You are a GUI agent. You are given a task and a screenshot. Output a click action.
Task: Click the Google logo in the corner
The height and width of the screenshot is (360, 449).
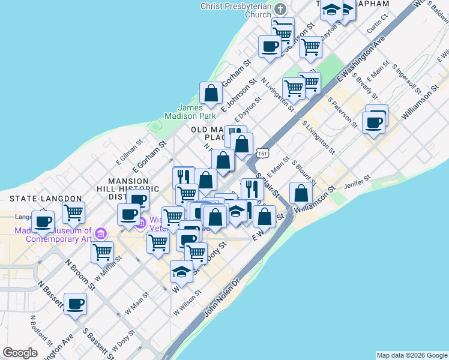click(20, 353)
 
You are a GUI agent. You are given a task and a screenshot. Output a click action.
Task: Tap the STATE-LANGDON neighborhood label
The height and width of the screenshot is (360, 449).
click(45, 198)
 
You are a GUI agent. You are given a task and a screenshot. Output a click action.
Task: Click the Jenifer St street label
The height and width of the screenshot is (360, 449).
click(358, 182)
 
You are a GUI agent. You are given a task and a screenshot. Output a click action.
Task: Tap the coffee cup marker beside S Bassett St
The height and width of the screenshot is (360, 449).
click(75, 304)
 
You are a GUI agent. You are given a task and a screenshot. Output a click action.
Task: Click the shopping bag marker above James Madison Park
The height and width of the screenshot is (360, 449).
click(211, 93)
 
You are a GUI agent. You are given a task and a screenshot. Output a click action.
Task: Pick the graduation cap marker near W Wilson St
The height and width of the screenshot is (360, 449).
click(182, 272)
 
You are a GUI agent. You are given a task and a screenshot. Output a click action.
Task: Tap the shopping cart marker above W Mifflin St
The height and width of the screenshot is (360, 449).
click(103, 252)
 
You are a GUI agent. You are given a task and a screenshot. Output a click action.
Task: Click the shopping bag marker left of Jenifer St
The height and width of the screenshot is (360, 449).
click(301, 193)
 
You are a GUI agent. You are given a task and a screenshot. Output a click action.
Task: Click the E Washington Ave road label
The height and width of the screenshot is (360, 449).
click(360, 59)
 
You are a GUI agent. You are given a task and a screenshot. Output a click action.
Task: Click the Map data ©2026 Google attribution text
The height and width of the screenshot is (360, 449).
click(411, 355)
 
